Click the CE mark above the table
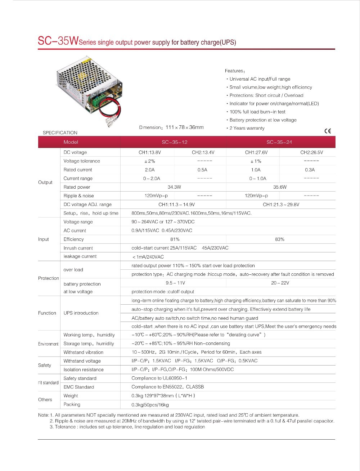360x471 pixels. [x=327, y=131]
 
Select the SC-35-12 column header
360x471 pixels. [x=175, y=142]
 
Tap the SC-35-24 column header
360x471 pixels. [x=279, y=142]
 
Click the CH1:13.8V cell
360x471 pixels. [x=150, y=152]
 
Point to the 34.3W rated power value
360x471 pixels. [x=174, y=187]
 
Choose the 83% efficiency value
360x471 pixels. [x=280, y=239]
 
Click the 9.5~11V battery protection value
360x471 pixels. [x=175, y=283]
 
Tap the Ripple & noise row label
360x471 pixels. [x=78, y=196]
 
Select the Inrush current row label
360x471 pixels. [x=78, y=248]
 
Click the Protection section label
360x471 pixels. [x=49, y=278]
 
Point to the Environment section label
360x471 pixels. [x=48, y=344]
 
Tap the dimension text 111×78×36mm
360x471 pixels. [x=184, y=127]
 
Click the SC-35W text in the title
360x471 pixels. [x=58, y=41]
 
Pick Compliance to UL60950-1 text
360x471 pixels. [x=159, y=378]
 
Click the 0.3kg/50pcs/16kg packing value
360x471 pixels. [x=150, y=405]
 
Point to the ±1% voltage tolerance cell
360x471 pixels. [x=256, y=161]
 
